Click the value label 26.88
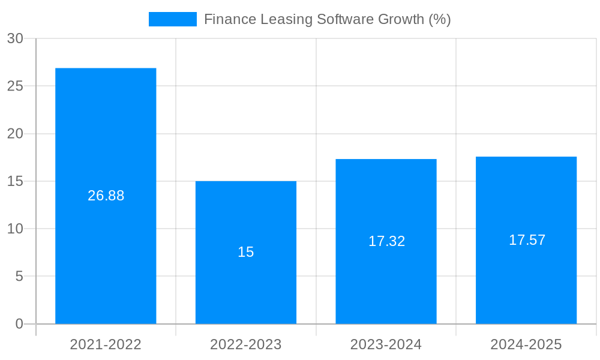(x=106, y=196)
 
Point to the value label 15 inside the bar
(x=246, y=252)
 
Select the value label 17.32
(x=386, y=241)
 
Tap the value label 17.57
(x=527, y=240)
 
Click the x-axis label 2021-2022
(x=106, y=344)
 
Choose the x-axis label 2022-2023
(x=246, y=344)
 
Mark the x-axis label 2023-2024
(x=386, y=344)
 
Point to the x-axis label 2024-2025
(x=526, y=344)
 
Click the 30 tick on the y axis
(x=15, y=38)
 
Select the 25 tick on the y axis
(x=15, y=86)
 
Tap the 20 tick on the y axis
(x=15, y=134)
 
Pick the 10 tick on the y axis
(x=15, y=229)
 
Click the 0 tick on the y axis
(x=19, y=324)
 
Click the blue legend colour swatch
(x=173, y=19)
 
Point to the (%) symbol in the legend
(x=439, y=19)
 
